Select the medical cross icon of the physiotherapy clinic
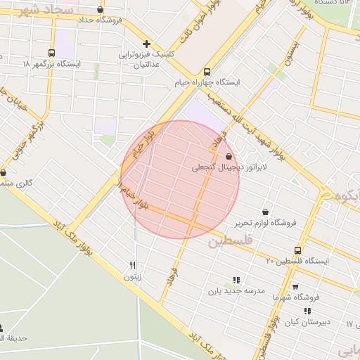tap(146, 44)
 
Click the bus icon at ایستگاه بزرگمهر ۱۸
tap(51, 53)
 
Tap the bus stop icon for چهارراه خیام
tap(207, 72)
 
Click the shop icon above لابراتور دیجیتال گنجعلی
tap(229, 157)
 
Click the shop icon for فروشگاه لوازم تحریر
tap(265, 212)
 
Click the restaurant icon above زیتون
tap(133, 265)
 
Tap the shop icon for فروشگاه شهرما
tap(295, 286)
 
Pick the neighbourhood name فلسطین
tap(229, 242)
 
